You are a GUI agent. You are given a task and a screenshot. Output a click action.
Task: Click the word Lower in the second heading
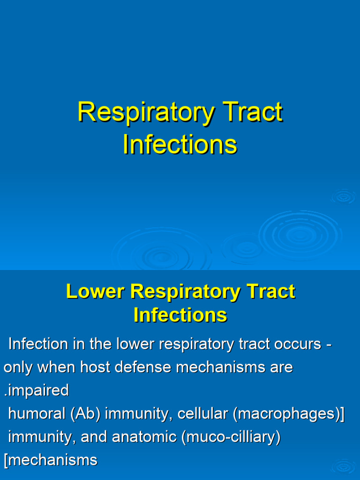95,291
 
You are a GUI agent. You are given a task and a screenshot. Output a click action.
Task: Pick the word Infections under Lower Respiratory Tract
180,315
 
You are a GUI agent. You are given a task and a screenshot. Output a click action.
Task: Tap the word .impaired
36,390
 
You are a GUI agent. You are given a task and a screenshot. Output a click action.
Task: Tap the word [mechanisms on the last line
51,460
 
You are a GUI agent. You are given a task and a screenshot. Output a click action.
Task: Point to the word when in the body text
56,367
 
